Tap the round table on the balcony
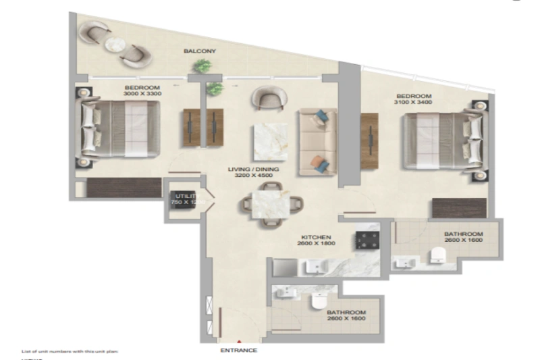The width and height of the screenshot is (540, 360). click(113, 43)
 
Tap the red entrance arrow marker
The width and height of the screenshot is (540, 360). click(238, 342)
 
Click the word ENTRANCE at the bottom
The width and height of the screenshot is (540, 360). click(238, 351)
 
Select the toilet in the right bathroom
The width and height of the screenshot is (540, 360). click(437, 254)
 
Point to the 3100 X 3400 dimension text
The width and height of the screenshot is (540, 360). click(413, 103)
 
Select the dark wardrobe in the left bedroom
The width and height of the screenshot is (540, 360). click(124, 188)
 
